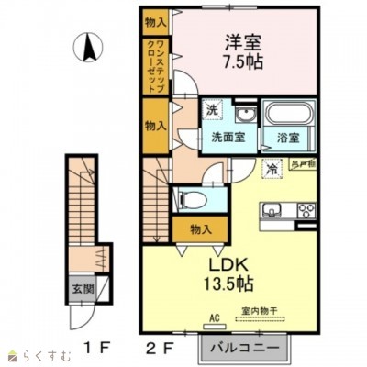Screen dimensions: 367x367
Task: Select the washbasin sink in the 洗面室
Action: tap(244, 116)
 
